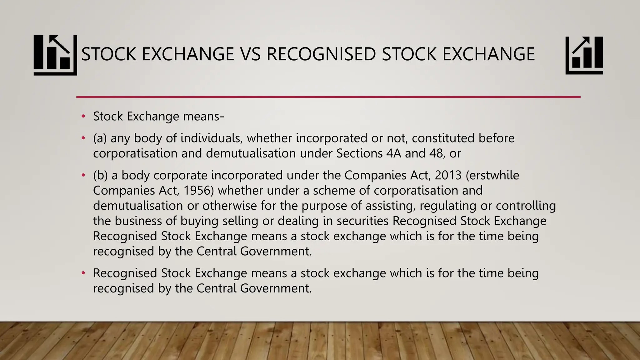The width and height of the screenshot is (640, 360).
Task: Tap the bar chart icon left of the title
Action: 55,55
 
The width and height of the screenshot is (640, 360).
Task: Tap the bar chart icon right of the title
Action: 584,55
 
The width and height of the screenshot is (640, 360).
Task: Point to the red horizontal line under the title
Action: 328,97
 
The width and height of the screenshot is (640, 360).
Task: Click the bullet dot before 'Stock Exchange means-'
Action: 83,117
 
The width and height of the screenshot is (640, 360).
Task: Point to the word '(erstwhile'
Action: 492,175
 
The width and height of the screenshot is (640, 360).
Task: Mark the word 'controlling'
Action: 526,206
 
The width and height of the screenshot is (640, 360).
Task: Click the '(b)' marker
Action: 100,175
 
